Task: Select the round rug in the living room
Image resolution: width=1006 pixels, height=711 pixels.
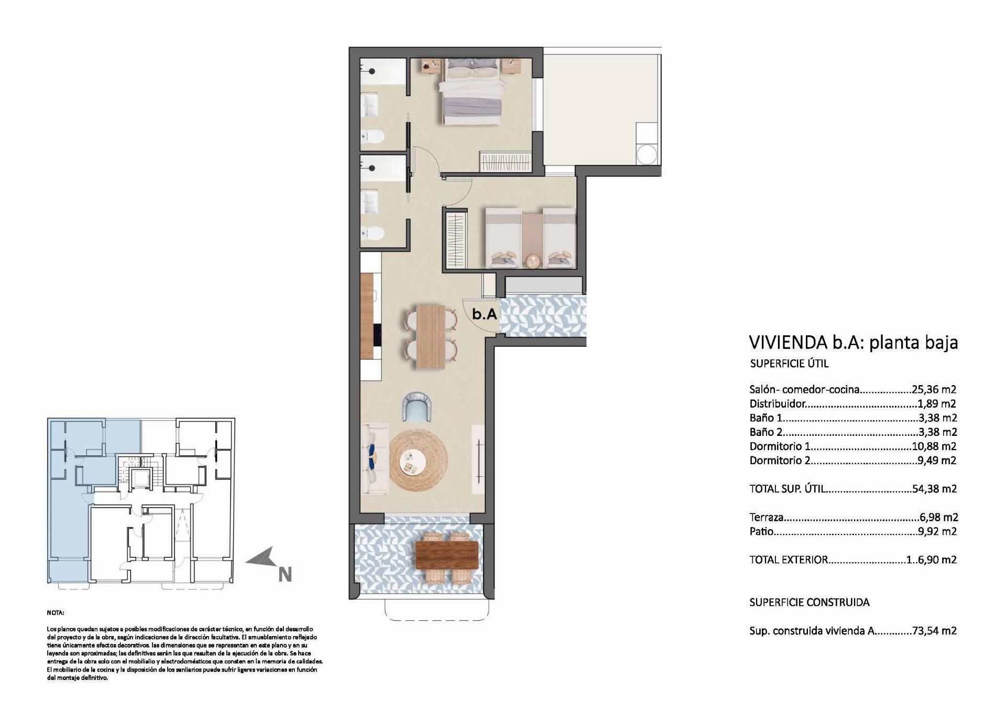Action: pos(418,461)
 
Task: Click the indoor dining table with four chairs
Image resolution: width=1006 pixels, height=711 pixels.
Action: pos(431,336)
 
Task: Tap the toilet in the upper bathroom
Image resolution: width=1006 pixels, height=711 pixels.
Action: pos(373,137)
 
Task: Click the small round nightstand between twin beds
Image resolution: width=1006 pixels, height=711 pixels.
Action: pos(532,260)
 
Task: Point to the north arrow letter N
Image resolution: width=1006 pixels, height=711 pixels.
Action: pos(285,575)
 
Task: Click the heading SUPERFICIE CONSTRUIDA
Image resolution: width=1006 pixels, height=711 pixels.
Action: pos(809,602)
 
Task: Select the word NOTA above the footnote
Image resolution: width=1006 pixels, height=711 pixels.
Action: pos(55,612)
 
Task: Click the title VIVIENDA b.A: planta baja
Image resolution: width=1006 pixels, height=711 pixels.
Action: pos(853,342)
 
